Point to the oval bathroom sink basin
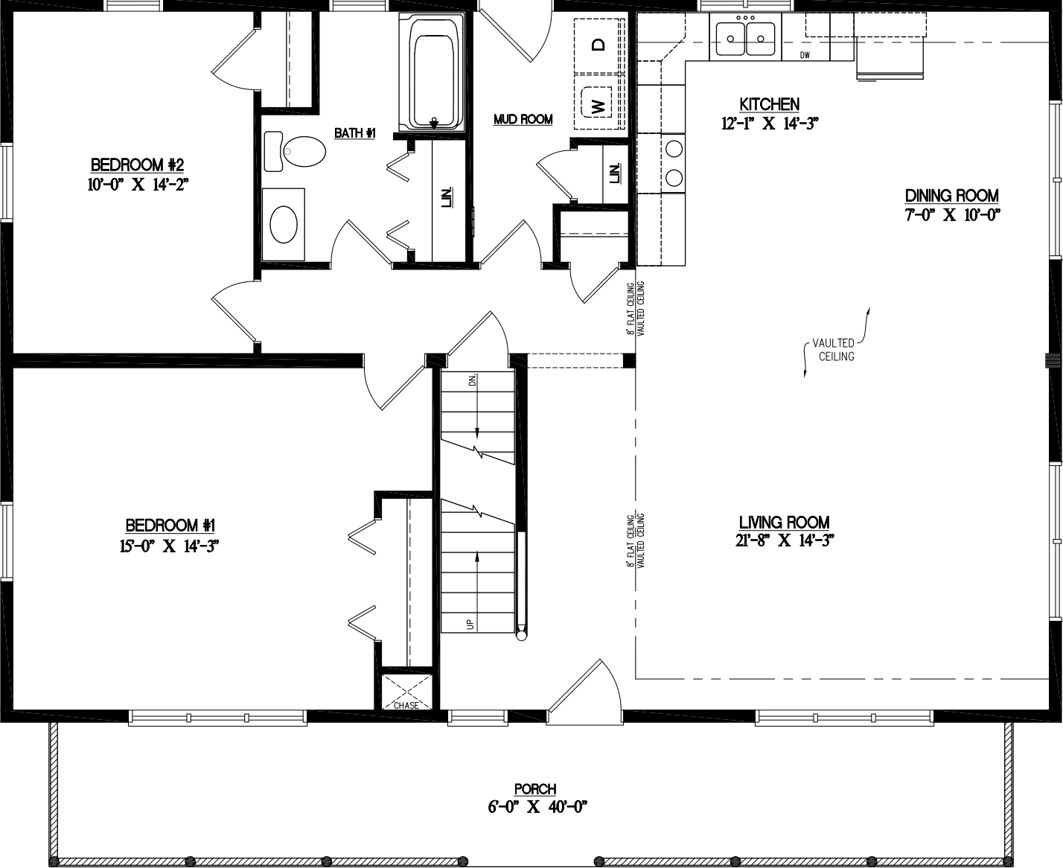click(284, 224)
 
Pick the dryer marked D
click(598, 45)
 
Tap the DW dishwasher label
click(805, 56)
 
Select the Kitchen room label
click(769, 104)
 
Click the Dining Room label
click(951, 196)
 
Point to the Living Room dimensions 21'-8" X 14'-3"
click(784, 541)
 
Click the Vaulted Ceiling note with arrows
click(834, 350)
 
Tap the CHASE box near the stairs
click(406, 693)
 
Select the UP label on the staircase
click(470, 624)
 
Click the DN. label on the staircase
click(472, 380)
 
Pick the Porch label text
click(535, 789)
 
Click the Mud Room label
click(523, 119)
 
